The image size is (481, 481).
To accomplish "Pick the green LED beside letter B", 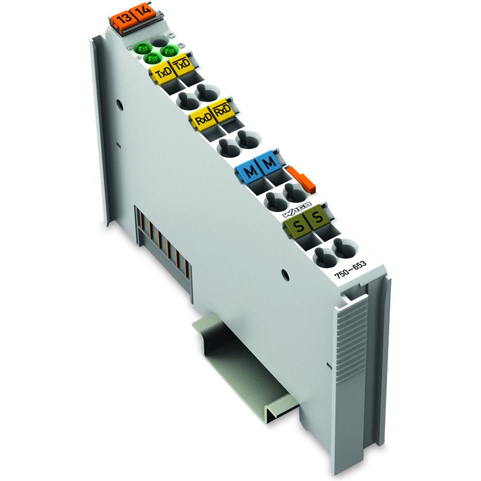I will coord(153,58).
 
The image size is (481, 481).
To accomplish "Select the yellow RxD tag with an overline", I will coord(222,111).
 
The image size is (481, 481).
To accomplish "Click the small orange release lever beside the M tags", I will coord(301,178).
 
